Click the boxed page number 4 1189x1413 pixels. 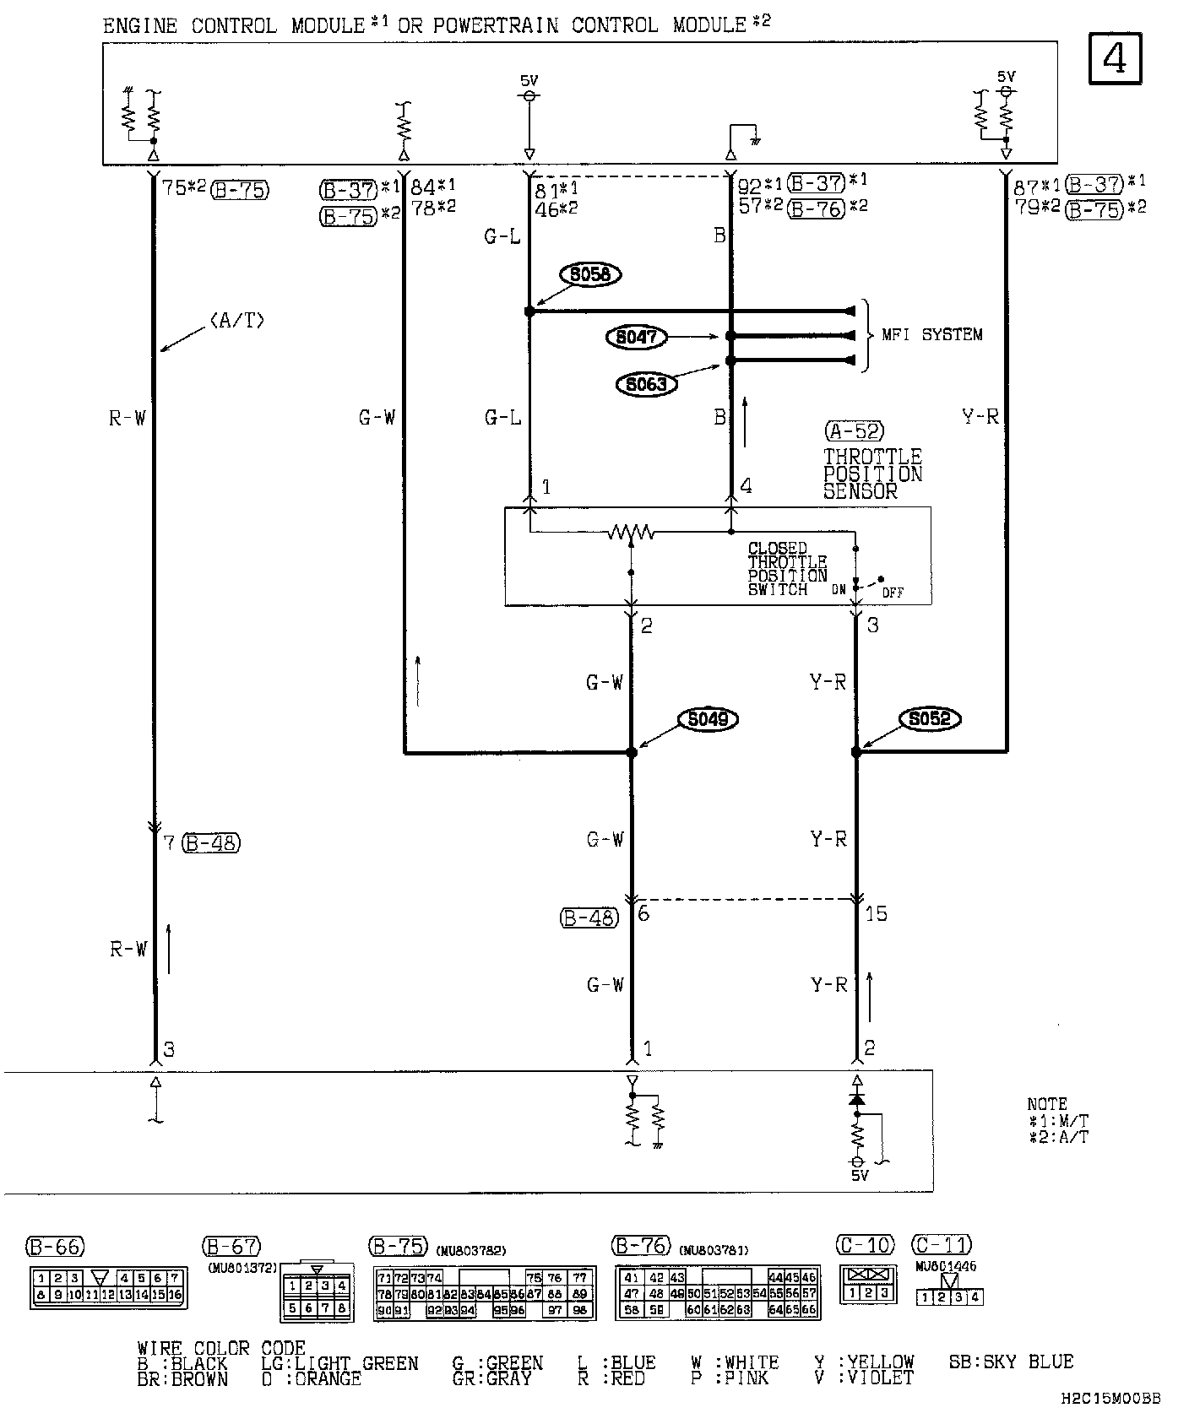tap(1115, 59)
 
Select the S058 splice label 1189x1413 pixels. tap(591, 274)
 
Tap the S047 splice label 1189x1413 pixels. tap(636, 337)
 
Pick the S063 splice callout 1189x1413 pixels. tap(646, 385)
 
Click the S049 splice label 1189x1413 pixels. tap(709, 719)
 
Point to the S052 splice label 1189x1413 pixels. tap(930, 719)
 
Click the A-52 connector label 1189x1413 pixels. tap(854, 431)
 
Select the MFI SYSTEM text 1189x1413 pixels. tap(932, 335)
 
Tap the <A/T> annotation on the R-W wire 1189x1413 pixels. tap(236, 321)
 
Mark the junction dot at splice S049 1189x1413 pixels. tap(632, 752)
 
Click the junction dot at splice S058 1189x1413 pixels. tap(529, 311)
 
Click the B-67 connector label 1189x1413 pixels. tap(231, 1247)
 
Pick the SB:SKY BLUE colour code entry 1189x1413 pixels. tap(1011, 1362)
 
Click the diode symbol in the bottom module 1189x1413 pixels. tap(857, 1100)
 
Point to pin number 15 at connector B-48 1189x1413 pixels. tap(877, 914)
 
